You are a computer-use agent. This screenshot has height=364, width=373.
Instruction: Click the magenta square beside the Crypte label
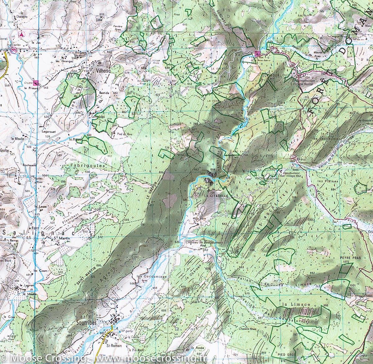[x=36, y=82]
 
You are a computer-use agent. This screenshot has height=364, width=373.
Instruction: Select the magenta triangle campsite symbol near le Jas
[x=21, y=34]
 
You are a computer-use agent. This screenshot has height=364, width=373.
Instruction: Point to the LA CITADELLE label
[x=217, y=196]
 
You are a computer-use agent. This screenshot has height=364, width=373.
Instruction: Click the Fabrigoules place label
[x=87, y=166]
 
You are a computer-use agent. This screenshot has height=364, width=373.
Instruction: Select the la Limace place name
[x=296, y=304]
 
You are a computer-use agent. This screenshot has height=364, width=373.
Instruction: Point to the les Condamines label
[x=151, y=276]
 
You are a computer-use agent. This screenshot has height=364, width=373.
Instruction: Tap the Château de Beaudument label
[x=204, y=242]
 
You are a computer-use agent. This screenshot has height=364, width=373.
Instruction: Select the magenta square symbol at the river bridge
[x=257, y=53]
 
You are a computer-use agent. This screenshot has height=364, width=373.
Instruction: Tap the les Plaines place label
[x=324, y=181]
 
